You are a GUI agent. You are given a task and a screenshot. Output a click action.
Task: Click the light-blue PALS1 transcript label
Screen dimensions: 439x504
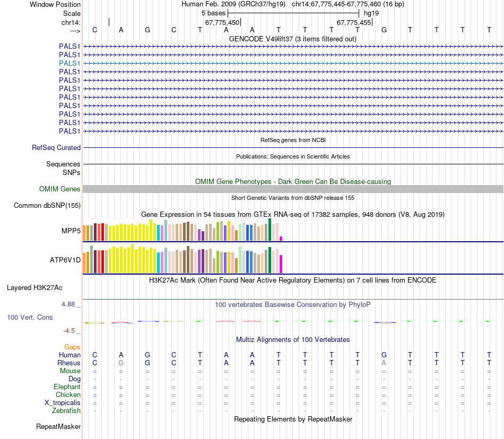pyautogui.click(x=69, y=63)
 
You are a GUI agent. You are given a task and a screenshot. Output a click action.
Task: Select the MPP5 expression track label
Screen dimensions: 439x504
pyautogui.click(x=71, y=231)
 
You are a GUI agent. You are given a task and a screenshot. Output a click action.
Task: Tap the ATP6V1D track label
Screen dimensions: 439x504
pyautogui.click(x=65, y=260)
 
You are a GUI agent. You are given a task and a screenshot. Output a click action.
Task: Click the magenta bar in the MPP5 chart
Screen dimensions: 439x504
pyautogui.click(x=281, y=238)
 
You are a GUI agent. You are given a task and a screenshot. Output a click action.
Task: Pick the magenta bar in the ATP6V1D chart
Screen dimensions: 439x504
pyautogui.click(x=281, y=264)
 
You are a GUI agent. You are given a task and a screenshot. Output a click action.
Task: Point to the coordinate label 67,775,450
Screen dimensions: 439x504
pyautogui.click(x=222, y=23)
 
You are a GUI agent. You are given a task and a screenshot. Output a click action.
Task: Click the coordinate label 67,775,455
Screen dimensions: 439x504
pyautogui.click(x=354, y=23)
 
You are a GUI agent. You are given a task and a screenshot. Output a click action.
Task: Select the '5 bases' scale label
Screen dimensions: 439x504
pyautogui.click(x=213, y=12)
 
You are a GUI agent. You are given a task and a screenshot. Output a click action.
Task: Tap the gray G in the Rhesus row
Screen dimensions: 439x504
pyautogui.click(x=121, y=363)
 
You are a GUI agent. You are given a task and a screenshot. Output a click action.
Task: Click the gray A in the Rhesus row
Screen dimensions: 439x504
pyautogui.click(x=384, y=363)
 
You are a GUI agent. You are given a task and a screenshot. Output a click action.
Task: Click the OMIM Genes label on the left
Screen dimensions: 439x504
pyautogui.click(x=60, y=189)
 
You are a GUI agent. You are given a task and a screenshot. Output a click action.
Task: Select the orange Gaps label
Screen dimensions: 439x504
pyautogui.click(x=72, y=347)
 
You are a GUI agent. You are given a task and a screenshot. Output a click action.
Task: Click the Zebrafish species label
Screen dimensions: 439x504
pyautogui.click(x=66, y=411)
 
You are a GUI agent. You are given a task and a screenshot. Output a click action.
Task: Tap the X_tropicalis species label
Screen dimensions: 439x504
pyautogui.click(x=63, y=403)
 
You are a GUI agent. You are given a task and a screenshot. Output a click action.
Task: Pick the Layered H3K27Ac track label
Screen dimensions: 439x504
pyautogui.click(x=34, y=288)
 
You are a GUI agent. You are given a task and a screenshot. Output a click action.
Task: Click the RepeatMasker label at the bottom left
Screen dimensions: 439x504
pyautogui.click(x=58, y=427)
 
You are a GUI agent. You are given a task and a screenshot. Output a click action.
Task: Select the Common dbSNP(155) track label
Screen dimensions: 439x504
pyautogui.click(x=47, y=206)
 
